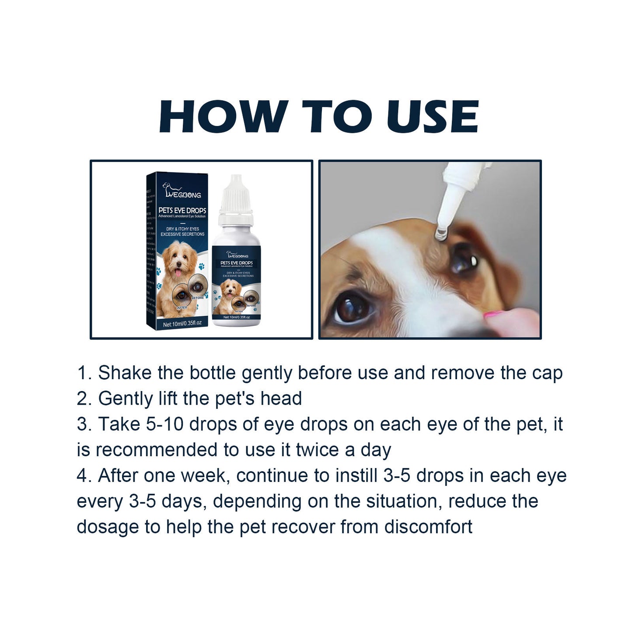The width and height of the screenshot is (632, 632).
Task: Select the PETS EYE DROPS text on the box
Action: (182, 210)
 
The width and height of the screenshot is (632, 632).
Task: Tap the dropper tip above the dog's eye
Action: (440, 233)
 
